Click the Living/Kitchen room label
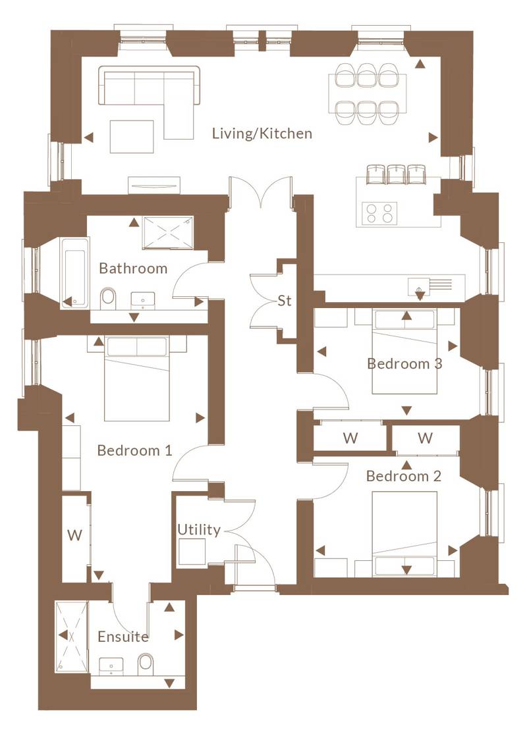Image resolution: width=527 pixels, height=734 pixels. (262, 134)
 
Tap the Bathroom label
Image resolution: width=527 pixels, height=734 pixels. (133, 268)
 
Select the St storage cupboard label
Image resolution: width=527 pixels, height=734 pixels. (285, 300)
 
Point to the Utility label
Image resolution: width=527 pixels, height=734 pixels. (199, 530)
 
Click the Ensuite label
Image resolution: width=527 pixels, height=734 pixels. (123, 637)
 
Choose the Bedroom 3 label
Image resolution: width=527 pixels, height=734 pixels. (404, 364)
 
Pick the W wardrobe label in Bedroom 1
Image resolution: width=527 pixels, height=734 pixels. (74, 535)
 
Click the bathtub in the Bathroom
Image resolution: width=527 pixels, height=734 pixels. (74, 273)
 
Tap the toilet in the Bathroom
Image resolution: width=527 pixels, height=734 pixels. (108, 297)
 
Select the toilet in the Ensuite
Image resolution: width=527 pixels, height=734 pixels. (146, 663)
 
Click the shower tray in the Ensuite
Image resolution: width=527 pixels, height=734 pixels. (72, 637)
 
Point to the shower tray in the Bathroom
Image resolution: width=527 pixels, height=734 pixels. (168, 232)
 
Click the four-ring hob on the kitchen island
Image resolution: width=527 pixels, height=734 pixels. (380, 213)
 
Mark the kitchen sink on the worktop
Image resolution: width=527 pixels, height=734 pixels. (420, 286)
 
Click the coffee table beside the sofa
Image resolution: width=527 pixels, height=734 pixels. (132, 137)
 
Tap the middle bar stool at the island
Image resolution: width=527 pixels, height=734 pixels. (397, 174)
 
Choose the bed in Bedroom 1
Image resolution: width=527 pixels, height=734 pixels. (136, 379)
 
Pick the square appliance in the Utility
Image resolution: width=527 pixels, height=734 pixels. (192, 552)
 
